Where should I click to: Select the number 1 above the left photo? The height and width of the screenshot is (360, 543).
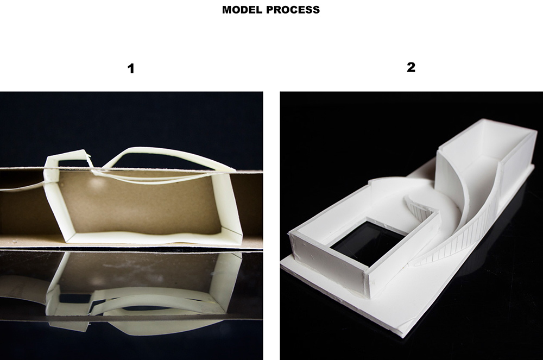(130, 68)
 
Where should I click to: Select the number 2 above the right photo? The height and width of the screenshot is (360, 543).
(411, 67)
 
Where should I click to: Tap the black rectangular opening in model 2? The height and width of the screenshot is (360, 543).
(368, 244)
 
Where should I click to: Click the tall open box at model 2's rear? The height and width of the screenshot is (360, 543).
(485, 166)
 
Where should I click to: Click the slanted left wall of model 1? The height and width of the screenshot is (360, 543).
(55, 204)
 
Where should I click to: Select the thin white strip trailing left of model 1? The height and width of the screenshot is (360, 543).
(22, 186)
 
